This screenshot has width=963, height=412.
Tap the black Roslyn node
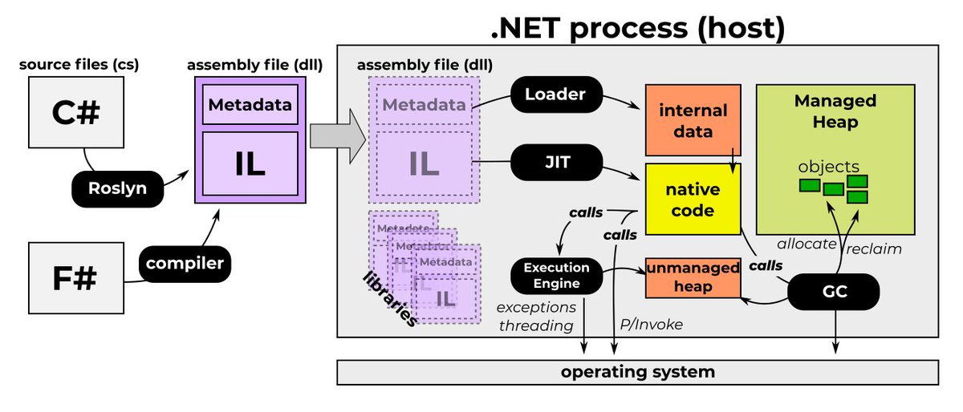click(x=117, y=190)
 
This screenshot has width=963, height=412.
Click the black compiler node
click(x=184, y=261)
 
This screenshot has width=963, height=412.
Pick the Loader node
click(x=555, y=95)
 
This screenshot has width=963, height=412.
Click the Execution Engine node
click(x=556, y=274)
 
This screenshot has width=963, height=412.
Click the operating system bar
click(x=637, y=372)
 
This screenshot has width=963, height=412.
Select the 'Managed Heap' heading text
click(x=836, y=111)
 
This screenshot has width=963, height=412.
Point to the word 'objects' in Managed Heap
click(x=828, y=167)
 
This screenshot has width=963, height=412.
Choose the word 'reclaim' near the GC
click(x=875, y=248)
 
